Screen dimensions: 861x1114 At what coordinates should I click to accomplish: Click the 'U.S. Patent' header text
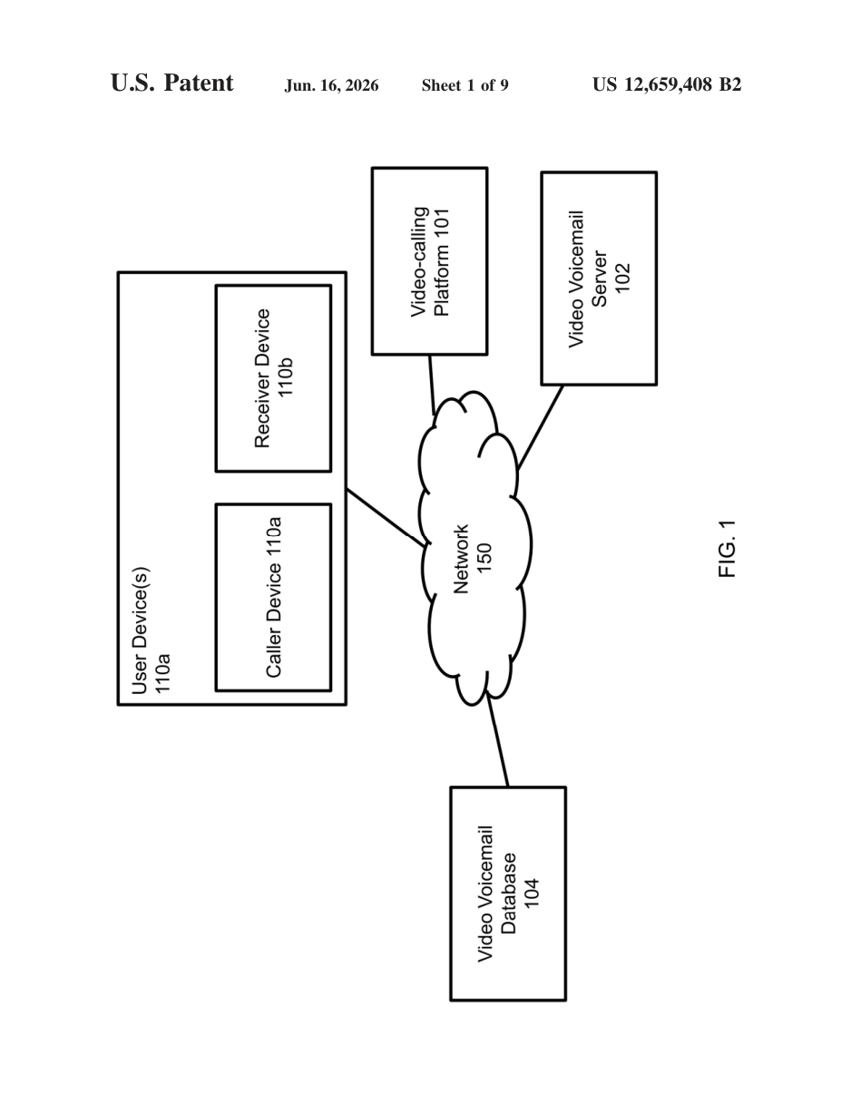click(171, 83)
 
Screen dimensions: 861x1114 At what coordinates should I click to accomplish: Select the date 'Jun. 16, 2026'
click(331, 85)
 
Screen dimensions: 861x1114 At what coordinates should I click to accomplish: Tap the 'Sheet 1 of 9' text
click(465, 85)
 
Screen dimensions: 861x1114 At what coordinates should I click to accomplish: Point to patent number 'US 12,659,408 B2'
click(667, 84)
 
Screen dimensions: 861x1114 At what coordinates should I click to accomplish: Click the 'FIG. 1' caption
click(728, 549)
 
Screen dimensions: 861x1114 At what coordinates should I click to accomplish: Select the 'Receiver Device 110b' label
click(274, 378)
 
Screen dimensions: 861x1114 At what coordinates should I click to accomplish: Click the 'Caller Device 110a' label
click(273, 597)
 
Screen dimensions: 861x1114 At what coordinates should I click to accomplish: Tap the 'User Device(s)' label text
click(140, 630)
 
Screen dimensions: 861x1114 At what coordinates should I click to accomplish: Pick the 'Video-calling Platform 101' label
click(430, 262)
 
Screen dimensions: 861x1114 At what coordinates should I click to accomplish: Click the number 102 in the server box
click(622, 278)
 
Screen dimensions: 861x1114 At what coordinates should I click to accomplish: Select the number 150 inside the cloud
click(484, 558)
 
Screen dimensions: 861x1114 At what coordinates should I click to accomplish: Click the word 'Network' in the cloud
click(461, 559)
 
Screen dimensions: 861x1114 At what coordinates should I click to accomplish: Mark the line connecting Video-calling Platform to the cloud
click(432, 385)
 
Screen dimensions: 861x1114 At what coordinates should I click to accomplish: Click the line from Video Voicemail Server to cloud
click(541, 427)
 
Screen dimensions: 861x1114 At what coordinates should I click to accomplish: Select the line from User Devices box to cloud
click(386, 518)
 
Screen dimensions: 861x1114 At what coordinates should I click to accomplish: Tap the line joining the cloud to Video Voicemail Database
click(497, 741)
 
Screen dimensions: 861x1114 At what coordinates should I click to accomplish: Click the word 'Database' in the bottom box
click(508, 894)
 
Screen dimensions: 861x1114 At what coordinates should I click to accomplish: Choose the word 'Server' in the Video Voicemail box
click(599, 278)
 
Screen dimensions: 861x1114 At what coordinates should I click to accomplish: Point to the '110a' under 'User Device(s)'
click(162, 674)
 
